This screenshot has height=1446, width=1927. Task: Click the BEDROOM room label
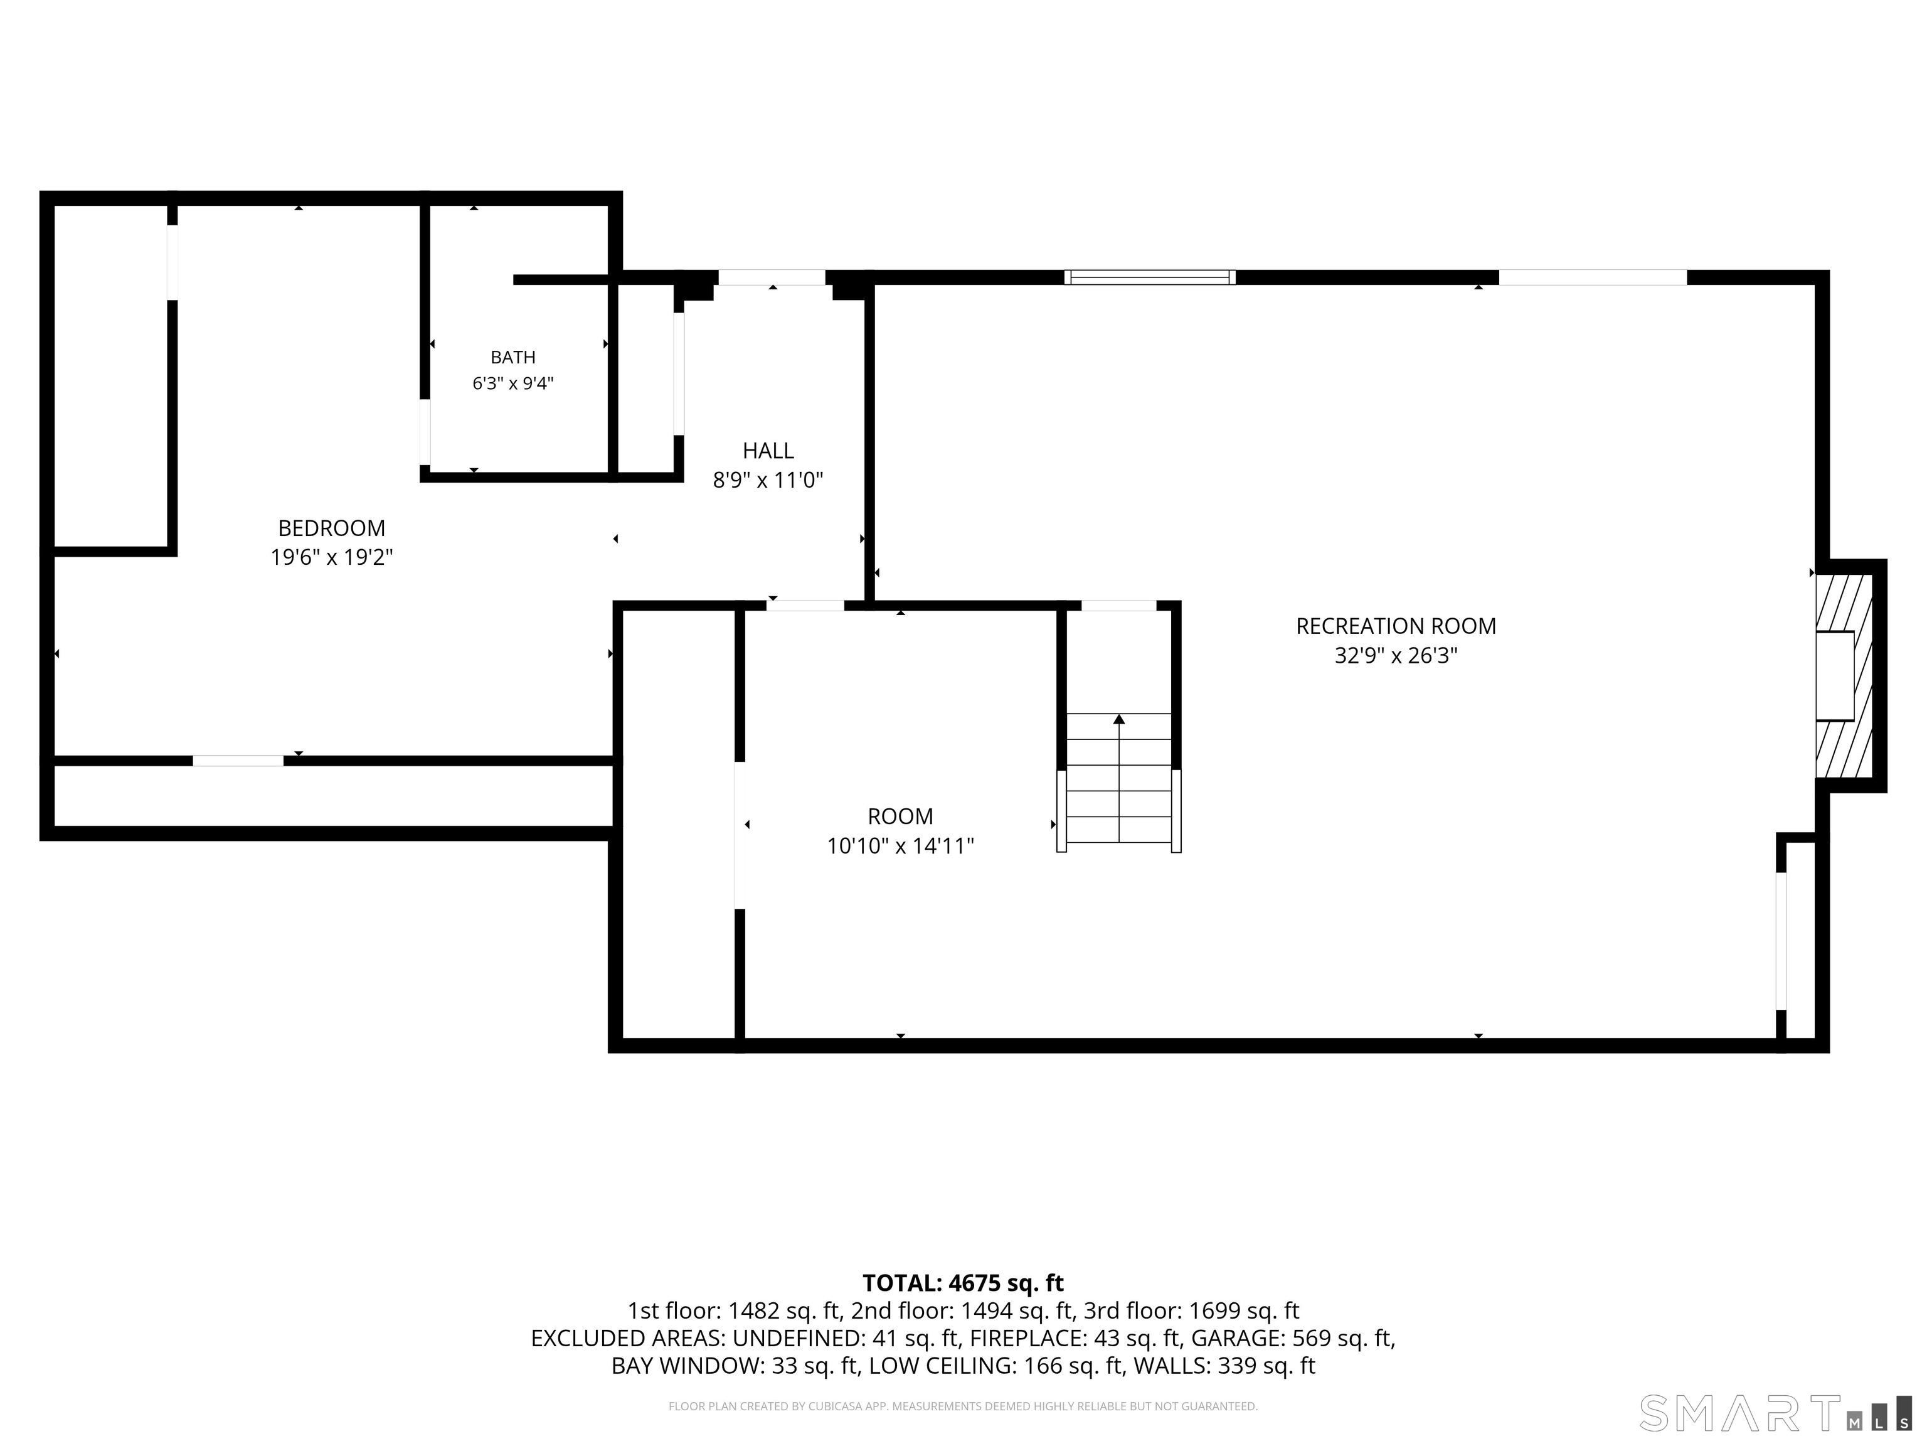(331, 528)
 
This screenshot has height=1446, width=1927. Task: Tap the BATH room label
(513, 357)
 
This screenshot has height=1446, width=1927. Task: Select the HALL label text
(768, 451)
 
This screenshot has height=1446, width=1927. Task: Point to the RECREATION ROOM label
(1396, 626)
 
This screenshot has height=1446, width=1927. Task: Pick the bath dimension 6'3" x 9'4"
(513, 383)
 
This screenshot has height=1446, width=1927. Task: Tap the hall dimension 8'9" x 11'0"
(768, 480)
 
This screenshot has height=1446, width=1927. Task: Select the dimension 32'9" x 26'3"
(1396, 655)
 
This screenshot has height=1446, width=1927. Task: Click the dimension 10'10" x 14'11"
(900, 845)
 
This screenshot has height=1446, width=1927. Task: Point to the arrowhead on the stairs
(1118, 719)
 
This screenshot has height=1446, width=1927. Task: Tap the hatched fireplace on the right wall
(1844, 675)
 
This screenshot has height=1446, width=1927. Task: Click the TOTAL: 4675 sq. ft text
(963, 1283)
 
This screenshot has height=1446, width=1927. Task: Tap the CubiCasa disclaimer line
(963, 1406)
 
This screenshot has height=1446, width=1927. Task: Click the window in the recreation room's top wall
(1149, 277)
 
